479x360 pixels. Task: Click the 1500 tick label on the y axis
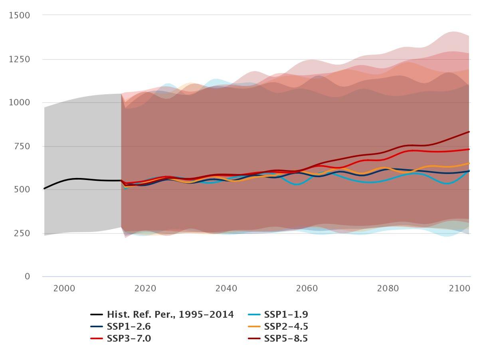tap(19, 15)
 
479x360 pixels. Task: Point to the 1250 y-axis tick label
tap(19, 59)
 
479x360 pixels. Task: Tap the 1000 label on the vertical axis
tap(19, 103)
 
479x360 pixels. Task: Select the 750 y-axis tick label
tap(22, 146)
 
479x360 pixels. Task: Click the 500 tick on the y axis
tap(22, 189)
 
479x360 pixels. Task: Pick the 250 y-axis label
tap(22, 233)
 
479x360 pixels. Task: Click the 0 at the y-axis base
tap(27, 276)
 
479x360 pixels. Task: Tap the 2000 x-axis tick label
tap(65, 289)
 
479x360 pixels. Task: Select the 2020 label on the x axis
tap(146, 289)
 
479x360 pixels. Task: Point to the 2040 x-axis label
tap(227, 289)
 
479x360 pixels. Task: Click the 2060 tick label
tap(308, 289)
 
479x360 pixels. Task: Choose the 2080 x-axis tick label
tap(389, 289)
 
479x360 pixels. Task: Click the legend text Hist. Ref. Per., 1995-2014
tap(170, 315)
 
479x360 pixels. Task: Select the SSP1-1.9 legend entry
tap(286, 315)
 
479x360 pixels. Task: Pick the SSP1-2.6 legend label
tap(129, 326)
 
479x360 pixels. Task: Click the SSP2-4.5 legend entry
tap(286, 326)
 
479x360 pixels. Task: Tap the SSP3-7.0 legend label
tap(129, 338)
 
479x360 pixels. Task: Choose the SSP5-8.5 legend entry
tap(286, 338)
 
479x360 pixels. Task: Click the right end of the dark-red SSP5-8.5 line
tap(469, 132)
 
